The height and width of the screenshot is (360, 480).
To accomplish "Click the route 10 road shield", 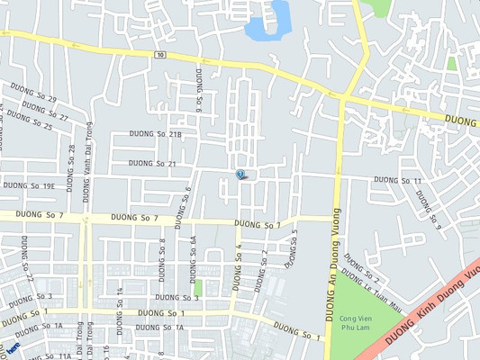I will click(159, 56).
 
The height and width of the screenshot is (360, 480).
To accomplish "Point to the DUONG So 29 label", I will click(34, 93).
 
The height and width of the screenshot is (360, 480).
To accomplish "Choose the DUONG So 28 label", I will click(71, 162).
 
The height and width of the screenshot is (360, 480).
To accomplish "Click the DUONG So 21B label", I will click(162, 135).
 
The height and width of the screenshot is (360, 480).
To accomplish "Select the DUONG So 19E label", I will click(29, 186).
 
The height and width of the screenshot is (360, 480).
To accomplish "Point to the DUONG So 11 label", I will click(397, 181).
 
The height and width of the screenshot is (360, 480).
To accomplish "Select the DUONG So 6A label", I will click(193, 251).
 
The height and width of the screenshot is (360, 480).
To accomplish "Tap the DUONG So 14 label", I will click(119, 302).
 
